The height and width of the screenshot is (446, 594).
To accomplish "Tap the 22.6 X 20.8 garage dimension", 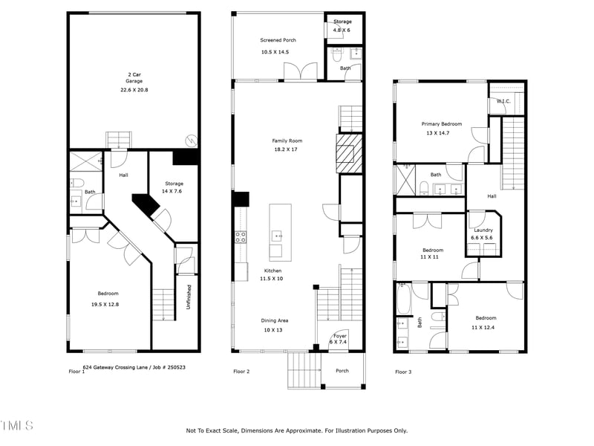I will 134,89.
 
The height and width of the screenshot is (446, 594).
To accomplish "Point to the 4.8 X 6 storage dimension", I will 342,30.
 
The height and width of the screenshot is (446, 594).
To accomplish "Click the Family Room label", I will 287,140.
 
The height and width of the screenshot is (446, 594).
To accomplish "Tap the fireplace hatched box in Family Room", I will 347,154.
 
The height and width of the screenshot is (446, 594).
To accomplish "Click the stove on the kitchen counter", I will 241,237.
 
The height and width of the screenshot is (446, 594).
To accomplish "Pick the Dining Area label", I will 274,320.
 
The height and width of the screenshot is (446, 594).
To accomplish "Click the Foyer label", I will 340,336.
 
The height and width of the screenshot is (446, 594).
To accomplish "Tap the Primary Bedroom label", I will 442,124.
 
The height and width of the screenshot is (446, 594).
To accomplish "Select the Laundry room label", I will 483,230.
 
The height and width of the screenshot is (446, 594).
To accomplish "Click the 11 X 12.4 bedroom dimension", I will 486,327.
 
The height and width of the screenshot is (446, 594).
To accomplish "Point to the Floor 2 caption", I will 243,371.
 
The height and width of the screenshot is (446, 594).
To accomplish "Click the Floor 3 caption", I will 404,371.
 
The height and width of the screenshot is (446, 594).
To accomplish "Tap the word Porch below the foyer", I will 342,370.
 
